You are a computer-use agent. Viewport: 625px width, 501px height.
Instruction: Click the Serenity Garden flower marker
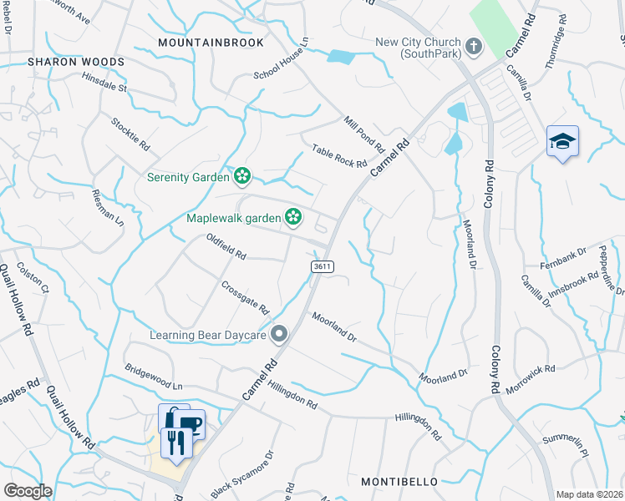[242, 176]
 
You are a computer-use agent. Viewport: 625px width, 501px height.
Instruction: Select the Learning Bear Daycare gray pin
[279, 335]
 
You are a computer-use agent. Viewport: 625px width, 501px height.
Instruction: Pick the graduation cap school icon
[562, 141]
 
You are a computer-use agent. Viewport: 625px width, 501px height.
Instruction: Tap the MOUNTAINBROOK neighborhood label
[211, 43]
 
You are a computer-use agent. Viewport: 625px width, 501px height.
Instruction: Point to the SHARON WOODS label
[75, 62]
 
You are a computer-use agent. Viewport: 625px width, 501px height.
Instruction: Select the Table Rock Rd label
[339, 156]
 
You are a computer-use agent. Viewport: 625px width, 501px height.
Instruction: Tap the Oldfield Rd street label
[226, 245]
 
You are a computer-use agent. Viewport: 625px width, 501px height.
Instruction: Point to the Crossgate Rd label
[246, 297]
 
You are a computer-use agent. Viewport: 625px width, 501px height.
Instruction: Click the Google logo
[28, 491]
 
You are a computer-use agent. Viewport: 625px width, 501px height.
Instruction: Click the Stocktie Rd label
[130, 133]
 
